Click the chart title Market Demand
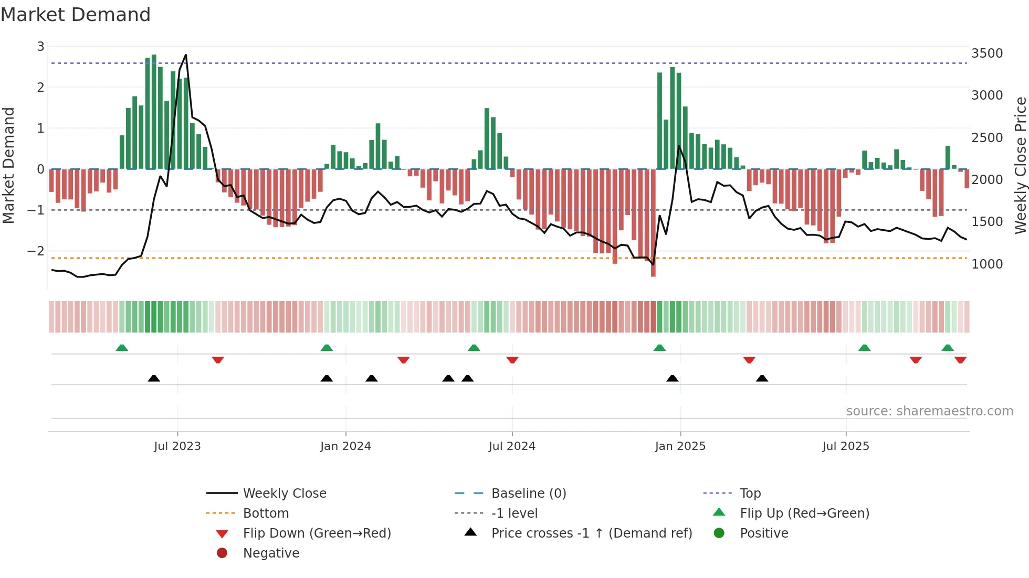(x=76, y=15)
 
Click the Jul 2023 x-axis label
(x=177, y=446)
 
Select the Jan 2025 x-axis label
(x=680, y=446)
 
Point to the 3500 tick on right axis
(x=986, y=53)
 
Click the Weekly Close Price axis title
(x=1020, y=165)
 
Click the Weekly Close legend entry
(x=284, y=494)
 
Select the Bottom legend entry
(x=266, y=513)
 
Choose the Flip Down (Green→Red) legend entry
(x=317, y=533)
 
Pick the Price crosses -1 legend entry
(x=591, y=533)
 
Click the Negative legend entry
(x=271, y=553)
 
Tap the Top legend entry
(x=750, y=494)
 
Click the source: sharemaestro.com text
(x=929, y=411)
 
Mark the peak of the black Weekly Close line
(x=185, y=55)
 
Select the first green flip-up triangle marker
(x=122, y=348)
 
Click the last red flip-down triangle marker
(x=960, y=360)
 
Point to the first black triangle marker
(x=154, y=378)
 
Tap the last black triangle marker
(x=762, y=378)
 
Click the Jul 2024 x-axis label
(x=512, y=446)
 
